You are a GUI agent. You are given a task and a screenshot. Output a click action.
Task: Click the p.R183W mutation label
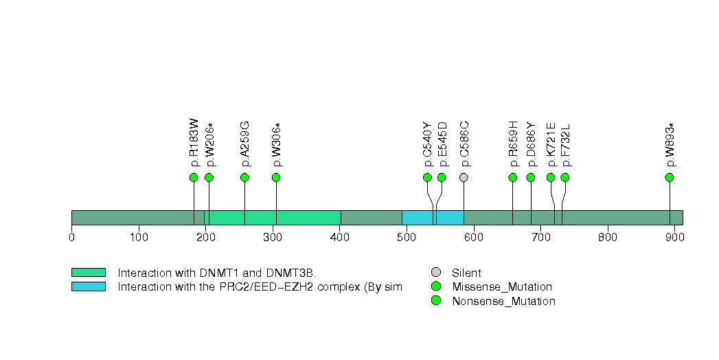click(194, 143)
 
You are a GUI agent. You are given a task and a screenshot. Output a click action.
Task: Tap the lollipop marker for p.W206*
click(209, 177)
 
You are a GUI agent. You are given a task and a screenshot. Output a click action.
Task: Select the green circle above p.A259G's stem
click(244, 177)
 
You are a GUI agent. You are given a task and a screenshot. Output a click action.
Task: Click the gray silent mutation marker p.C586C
click(464, 177)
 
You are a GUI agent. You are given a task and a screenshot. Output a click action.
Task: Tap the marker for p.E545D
click(442, 177)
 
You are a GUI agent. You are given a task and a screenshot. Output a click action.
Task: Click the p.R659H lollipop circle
click(513, 177)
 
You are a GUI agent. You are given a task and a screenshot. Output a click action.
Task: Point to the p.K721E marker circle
click(551, 177)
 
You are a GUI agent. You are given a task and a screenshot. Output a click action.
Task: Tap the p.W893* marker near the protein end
click(670, 177)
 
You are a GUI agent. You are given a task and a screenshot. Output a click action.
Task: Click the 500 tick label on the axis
click(407, 238)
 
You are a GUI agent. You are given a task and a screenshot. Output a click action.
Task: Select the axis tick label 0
click(71, 238)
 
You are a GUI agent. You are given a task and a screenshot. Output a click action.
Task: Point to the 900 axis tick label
click(674, 238)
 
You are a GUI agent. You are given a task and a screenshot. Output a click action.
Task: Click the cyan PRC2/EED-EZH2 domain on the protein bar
click(433, 217)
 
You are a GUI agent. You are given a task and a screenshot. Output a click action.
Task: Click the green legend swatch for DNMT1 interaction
click(88, 272)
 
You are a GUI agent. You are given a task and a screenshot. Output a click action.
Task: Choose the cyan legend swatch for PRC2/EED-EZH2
click(88, 286)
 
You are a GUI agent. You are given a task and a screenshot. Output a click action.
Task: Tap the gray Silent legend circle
click(436, 272)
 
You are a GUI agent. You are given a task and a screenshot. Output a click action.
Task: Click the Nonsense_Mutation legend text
click(503, 301)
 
